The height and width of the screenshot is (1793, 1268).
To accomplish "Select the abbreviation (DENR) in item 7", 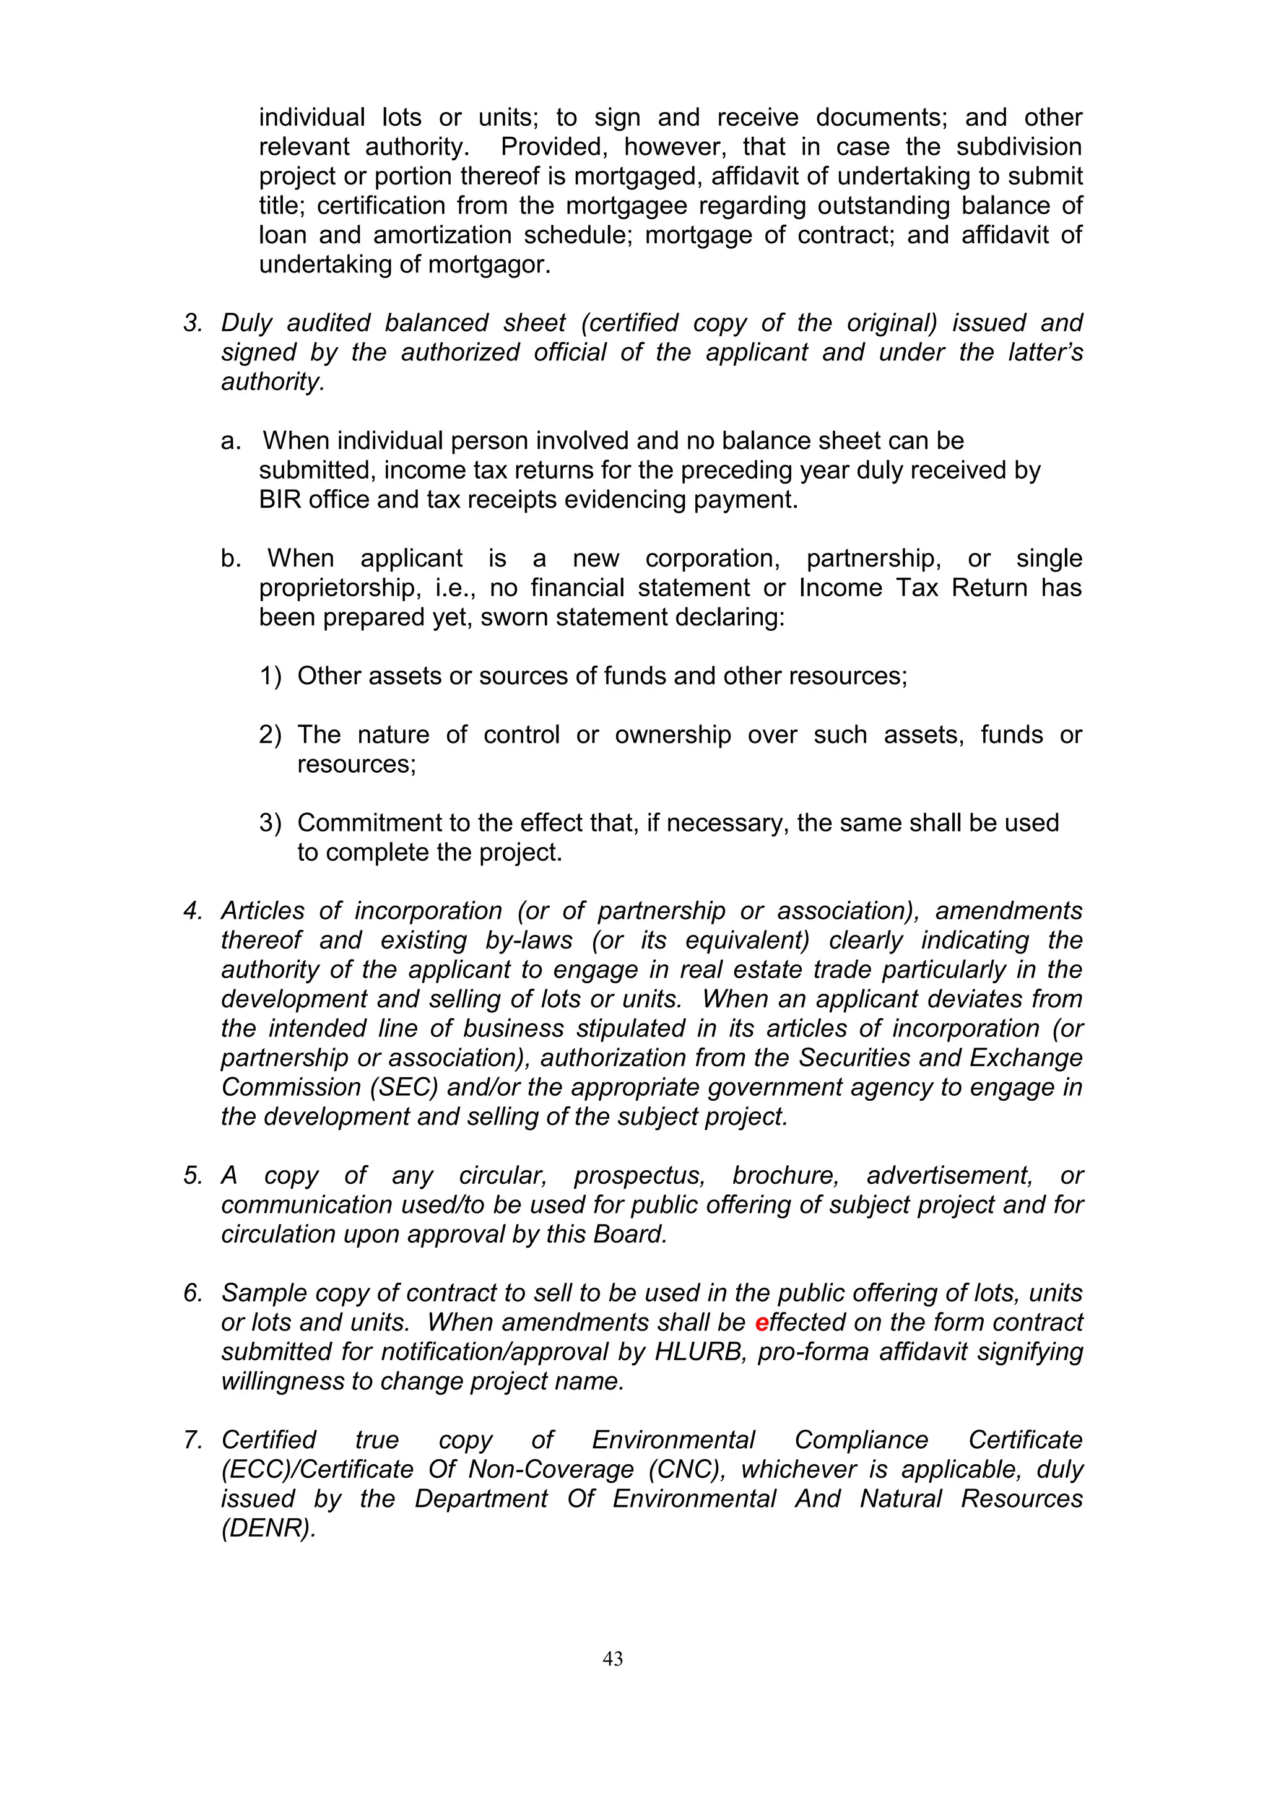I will [268, 1528].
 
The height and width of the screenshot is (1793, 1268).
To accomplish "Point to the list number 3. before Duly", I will [193, 323].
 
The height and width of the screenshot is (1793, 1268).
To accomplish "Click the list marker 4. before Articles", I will [193, 911].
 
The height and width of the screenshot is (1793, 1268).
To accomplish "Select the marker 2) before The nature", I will [270, 735].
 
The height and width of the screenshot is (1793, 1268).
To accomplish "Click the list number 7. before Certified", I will [193, 1440].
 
